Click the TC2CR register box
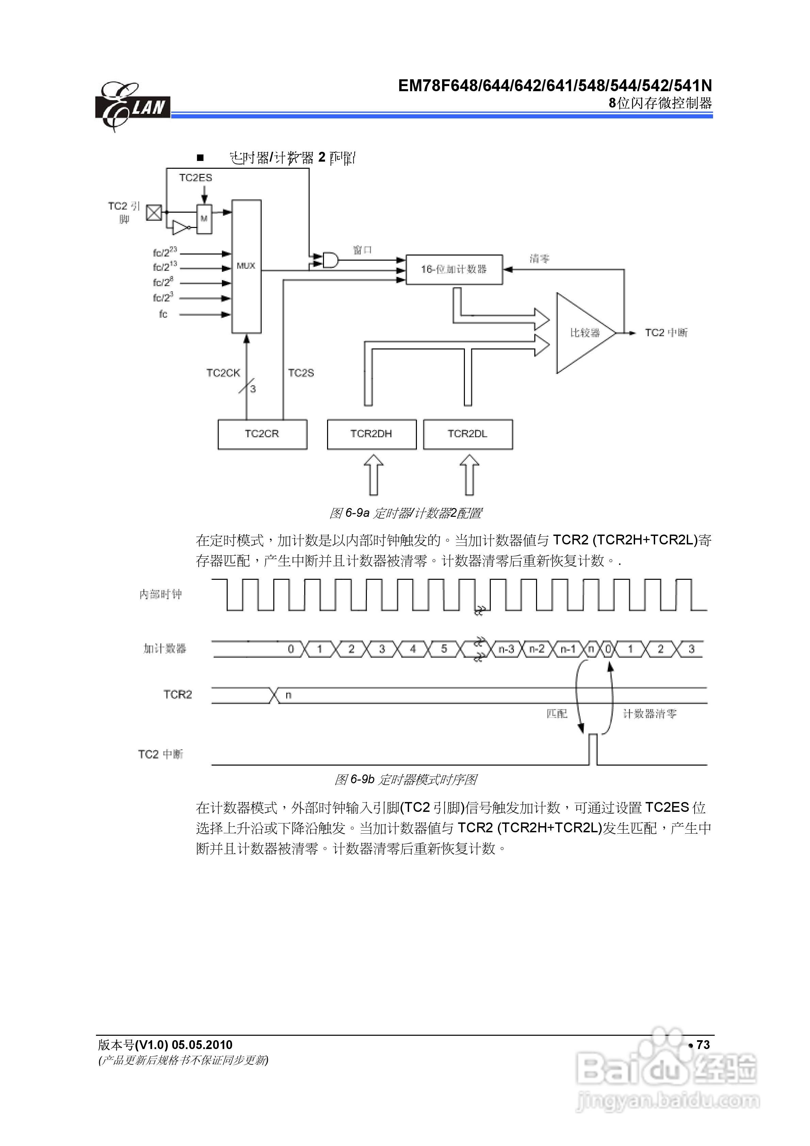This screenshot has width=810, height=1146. [262, 434]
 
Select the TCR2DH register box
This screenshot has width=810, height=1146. [372, 434]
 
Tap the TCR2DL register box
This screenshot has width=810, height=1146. [467, 434]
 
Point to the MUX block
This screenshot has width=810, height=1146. [246, 266]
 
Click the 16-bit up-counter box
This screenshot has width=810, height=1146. [454, 269]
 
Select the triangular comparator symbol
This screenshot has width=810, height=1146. [583, 333]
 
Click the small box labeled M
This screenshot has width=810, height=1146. [204, 219]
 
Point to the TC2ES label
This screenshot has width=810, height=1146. [196, 178]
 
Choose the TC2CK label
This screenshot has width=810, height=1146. [223, 373]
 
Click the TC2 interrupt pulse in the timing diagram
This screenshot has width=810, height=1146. [593, 749]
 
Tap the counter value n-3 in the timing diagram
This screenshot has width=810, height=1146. [506, 649]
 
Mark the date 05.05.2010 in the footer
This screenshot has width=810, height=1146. [202, 1045]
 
